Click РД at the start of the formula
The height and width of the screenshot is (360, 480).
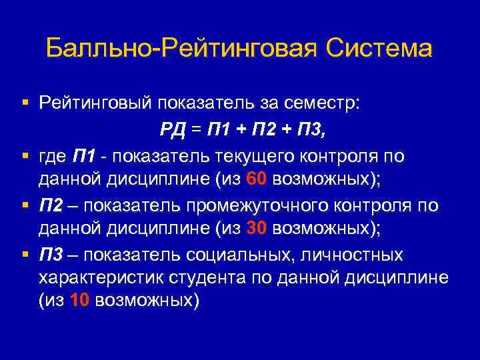pyautogui.click(x=173, y=129)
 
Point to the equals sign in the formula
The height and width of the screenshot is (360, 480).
pyautogui.click(x=195, y=129)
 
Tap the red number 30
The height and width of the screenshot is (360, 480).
pyautogui.click(x=257, y=228)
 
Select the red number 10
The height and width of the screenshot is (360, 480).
pyautogui.click(x=79, y=301)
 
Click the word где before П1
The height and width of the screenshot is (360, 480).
pyautogui.click(x=53, y=155)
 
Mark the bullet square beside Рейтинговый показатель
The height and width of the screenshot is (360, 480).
pyautogui.click(x=25, y=103)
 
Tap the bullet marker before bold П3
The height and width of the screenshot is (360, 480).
pyautogui.click(x=25, y=254)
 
